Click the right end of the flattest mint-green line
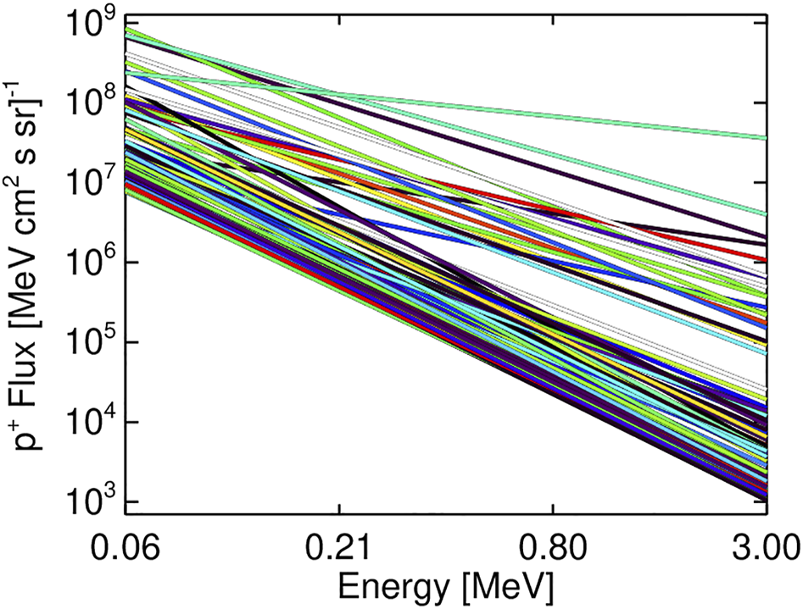click(766, 137)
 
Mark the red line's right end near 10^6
click(764, 260)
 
